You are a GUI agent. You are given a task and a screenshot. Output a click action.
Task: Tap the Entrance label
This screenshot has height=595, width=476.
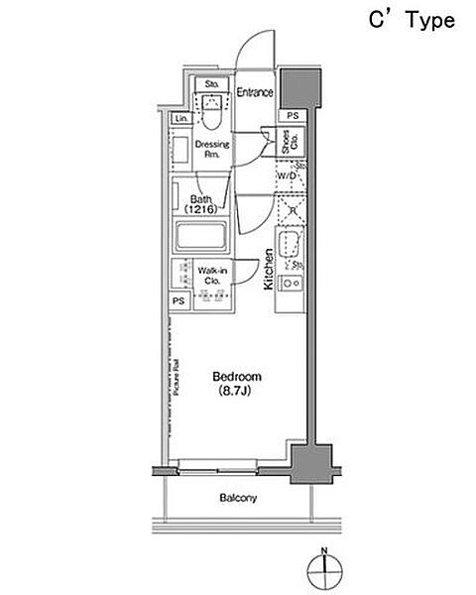tap(255, 92)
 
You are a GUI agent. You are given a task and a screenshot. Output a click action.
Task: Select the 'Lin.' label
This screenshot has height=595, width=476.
tap(181, 119)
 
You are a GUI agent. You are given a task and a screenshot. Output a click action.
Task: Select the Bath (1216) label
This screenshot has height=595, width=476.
tap(202, 204)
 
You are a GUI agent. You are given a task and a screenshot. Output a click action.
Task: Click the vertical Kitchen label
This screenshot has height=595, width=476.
tap(268, 269)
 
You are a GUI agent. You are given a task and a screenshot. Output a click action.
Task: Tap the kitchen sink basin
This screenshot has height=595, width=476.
tap(292, 245)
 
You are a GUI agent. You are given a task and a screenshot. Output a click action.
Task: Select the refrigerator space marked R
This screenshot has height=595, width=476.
tap(291, 208)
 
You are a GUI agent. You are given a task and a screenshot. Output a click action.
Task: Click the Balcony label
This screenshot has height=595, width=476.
tap(237, 498)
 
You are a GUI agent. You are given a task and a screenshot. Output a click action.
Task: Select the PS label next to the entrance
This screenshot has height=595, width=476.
tap(292, 116)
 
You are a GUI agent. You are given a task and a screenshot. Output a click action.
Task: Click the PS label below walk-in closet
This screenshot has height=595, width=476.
tap(179, 300)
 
